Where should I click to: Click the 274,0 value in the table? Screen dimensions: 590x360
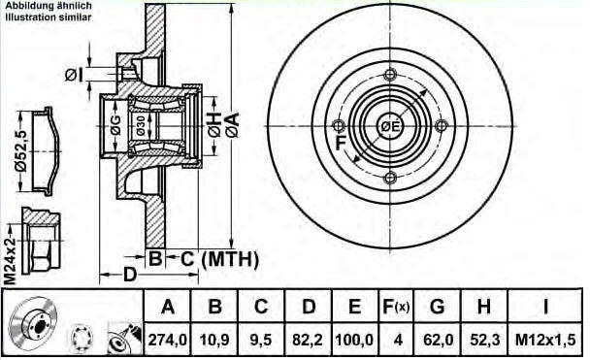[x=168, y=340]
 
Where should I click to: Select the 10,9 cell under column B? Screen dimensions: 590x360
[x=214, y=340]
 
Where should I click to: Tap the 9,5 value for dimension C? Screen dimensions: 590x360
[x=261, y=340]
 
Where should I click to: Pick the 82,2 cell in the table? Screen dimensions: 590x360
[x=308, y=340]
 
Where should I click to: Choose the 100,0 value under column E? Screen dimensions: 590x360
[x=354, y=340]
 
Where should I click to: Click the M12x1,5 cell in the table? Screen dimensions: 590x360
[x=545, y=340]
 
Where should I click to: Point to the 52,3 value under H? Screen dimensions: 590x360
[x=485, y=340]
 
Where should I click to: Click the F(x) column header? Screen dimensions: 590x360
[x=396, y=307]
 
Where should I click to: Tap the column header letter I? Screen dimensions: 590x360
[x=545, y=307]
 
